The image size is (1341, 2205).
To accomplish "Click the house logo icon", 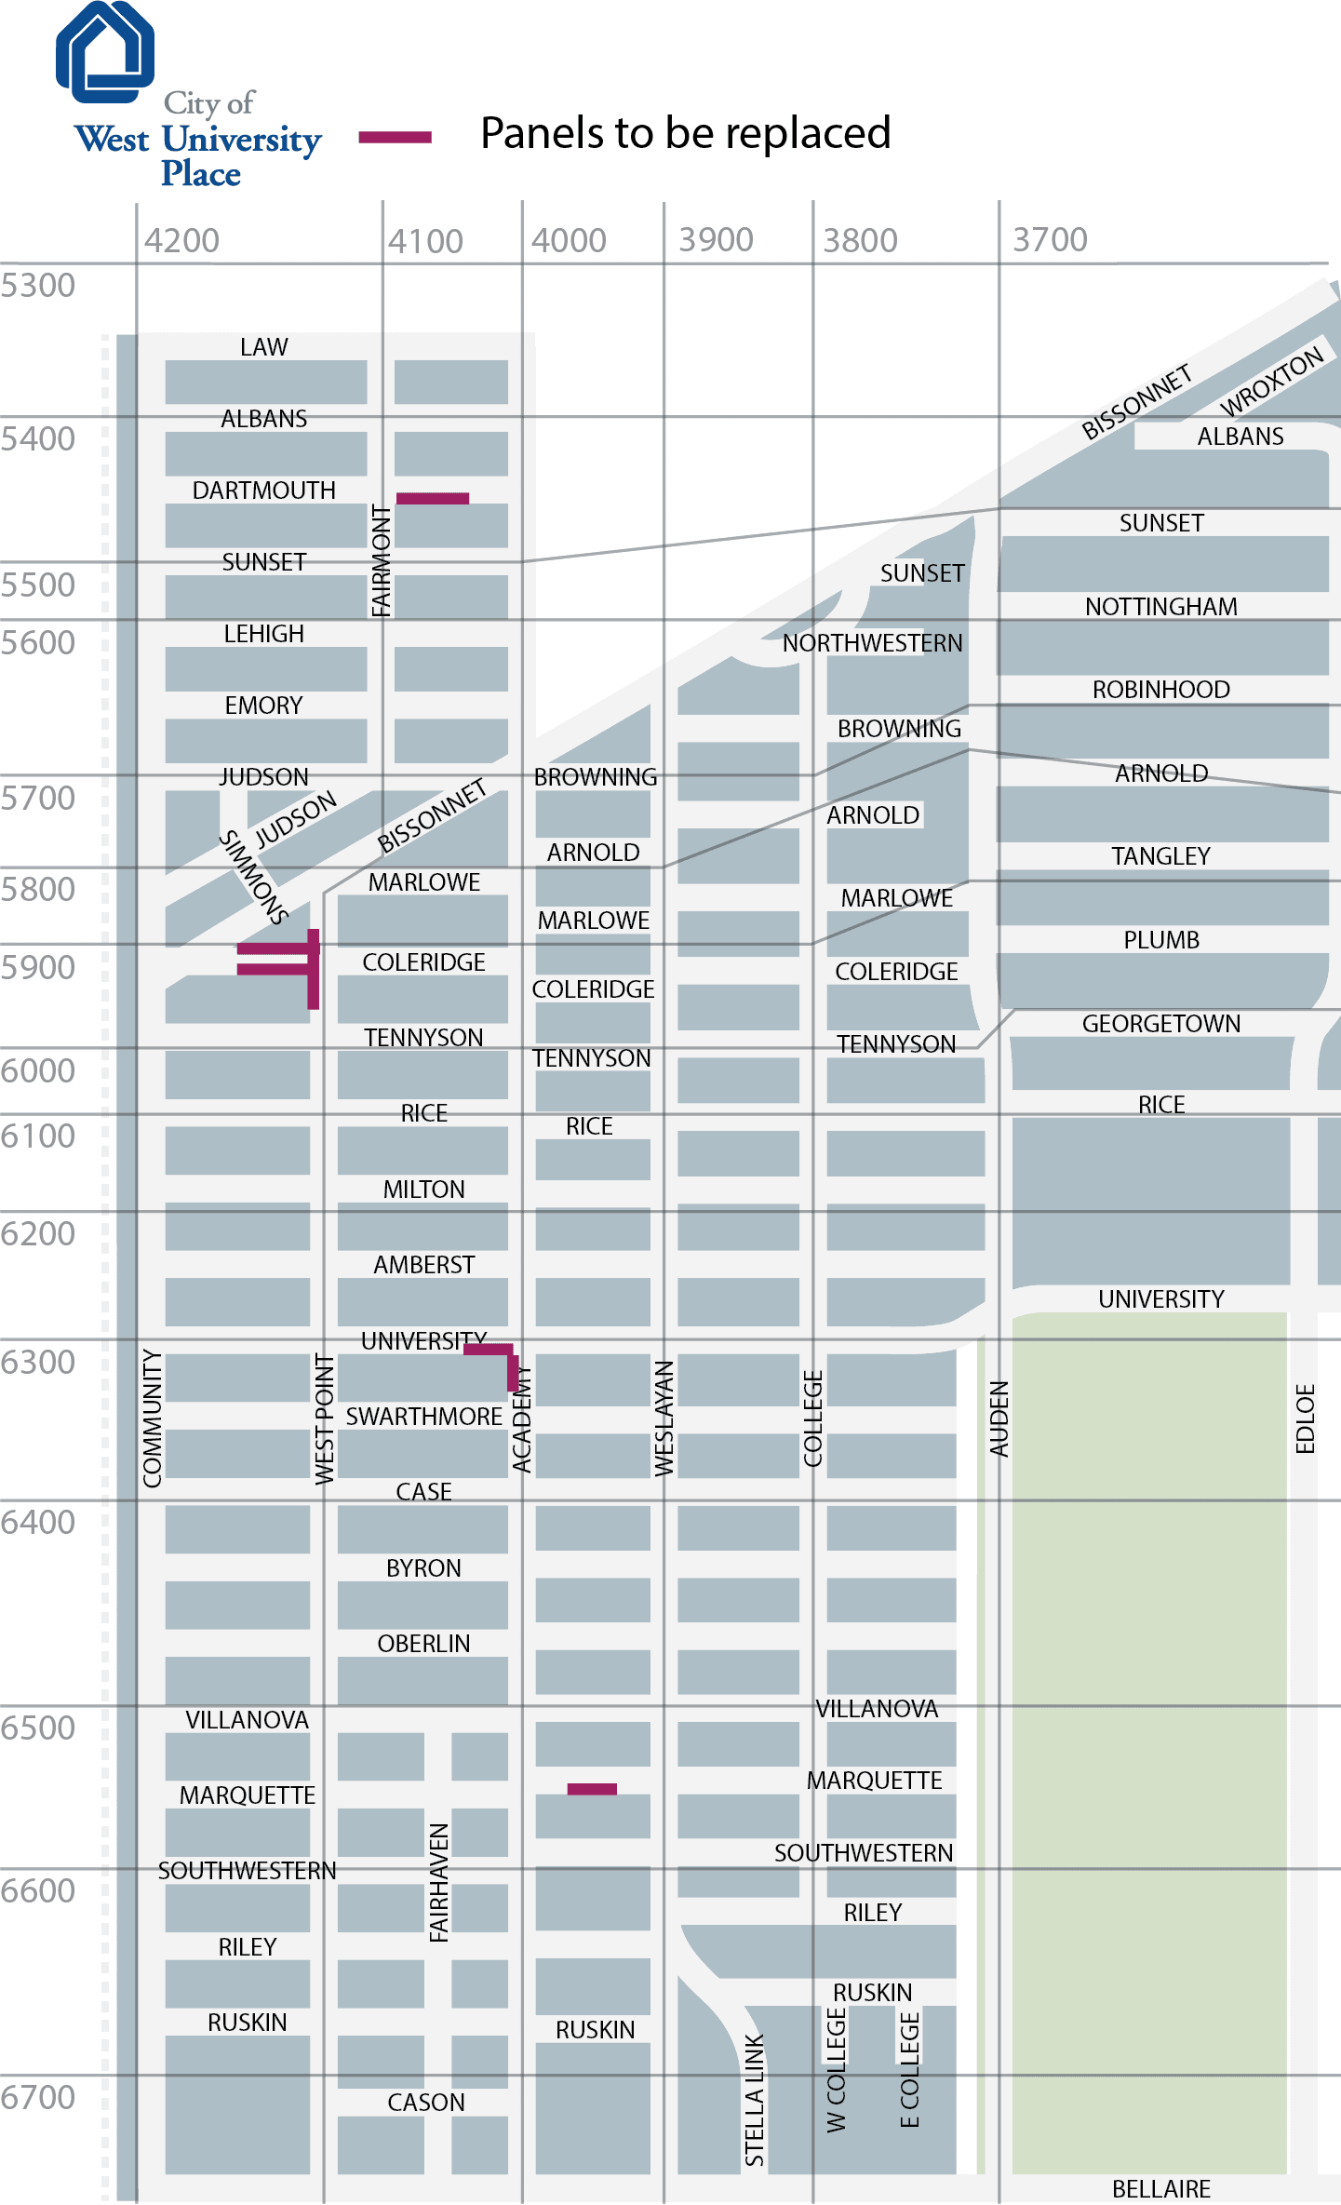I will point(105,52).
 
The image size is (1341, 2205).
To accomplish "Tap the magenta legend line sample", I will point(396,138).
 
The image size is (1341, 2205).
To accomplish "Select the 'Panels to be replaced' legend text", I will point(685,133).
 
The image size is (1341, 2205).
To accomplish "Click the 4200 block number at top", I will point(181,241).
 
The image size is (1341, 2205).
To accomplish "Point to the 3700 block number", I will point(1050,240).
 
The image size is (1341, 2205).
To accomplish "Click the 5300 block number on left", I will point(38,286).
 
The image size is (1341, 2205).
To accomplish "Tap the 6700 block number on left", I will point(38,2097).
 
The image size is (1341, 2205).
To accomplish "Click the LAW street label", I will point(264,347).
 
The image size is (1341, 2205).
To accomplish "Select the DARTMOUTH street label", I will point(264,491).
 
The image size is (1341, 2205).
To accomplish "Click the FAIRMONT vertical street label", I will point(382,561).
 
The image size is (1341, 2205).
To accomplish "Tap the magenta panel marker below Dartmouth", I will point(433,499).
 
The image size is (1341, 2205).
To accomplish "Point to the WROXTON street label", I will point(1271,382).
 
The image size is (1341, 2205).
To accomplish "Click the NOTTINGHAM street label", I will point(1161,607).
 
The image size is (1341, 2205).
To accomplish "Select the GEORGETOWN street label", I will point(1161,1024).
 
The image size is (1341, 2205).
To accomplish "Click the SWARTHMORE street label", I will point(424,1417).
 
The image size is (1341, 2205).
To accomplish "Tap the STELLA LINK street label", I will point(755,2099).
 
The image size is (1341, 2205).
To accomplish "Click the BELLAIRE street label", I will point(1161,2189).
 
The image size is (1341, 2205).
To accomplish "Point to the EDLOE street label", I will point(1306,1418).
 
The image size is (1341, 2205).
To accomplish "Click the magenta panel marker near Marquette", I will point(592,1789).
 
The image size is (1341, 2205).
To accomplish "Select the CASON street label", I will point(426,2103).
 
